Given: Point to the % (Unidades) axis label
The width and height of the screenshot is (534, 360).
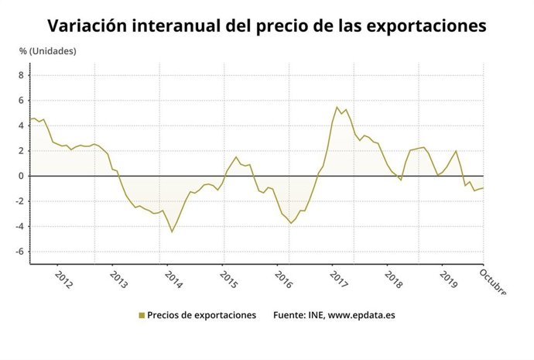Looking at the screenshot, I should pyautogui.click(x=47, y=52).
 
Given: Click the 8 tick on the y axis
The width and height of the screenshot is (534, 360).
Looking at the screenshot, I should pyautogui.click(x=22, y=75).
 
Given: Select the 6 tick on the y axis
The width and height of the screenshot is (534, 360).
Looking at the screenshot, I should pyautogui.click(x=22, y=101).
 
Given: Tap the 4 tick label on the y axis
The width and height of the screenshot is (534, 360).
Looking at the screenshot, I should pyautogui.click(x=22, y=125).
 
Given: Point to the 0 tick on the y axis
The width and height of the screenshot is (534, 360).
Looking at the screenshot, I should pyautogui.click(x=22, y=176).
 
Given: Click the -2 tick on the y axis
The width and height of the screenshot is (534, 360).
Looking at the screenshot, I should pyautogui.click(x=20, y=201).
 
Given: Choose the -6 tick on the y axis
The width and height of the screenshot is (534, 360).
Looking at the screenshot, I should pyautogui.click(x=20, y=252).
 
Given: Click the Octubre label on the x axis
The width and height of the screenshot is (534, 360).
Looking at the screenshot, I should pyautogui.click(x=493, y=283).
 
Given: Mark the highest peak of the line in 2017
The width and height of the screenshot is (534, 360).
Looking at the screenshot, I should pyautogui.click(x=337, y=108).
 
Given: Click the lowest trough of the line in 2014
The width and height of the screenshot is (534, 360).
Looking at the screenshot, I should pyautogui.click(x=172, y=231).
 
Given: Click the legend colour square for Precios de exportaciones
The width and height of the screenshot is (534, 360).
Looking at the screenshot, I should pyautogui.click(x=142, y=315).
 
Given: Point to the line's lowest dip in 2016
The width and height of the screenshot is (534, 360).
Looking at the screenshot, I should pyautogui.click(x=291, y=223).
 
